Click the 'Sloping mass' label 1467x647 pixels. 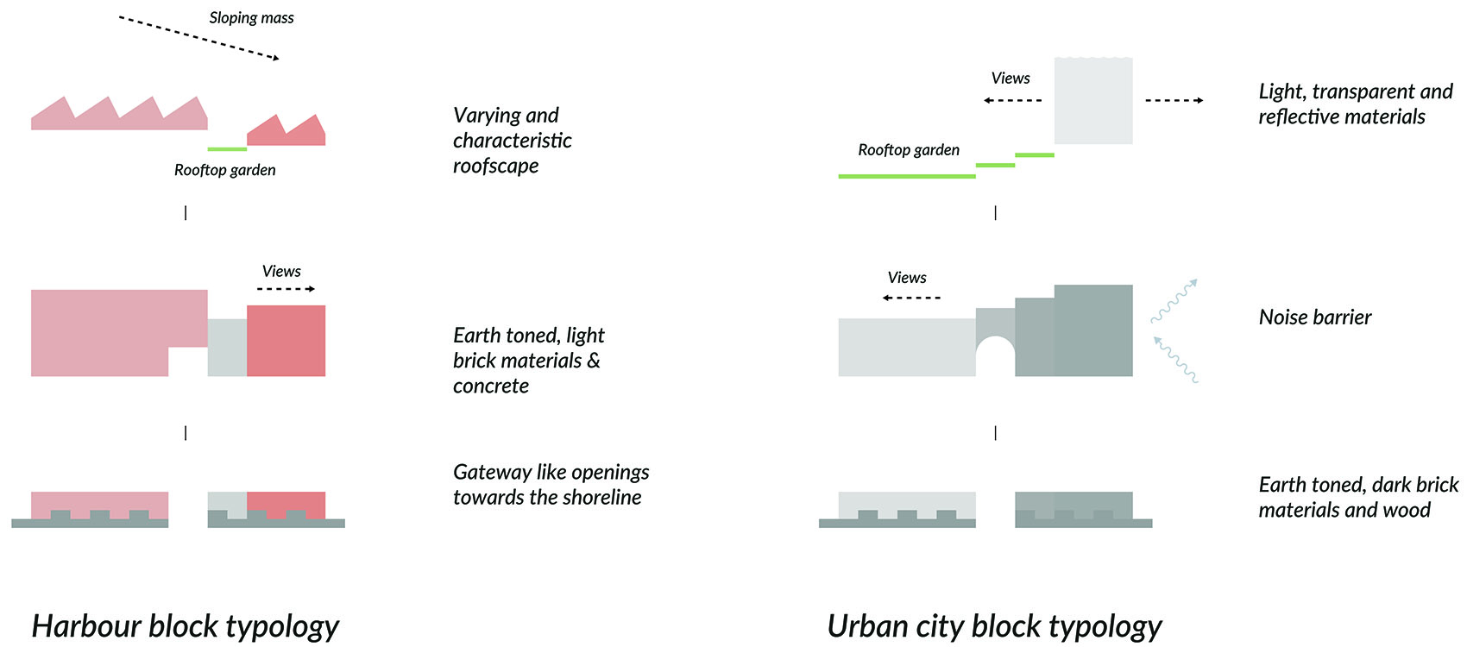[x=251, y=18]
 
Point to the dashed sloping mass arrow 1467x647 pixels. [x=199, y=38]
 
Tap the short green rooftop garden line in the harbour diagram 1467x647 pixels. [x=227, y=149]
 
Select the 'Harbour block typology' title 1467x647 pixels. [x=185, y=625]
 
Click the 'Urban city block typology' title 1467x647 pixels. [x=994, y=625]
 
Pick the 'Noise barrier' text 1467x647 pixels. [x=1314, y=317]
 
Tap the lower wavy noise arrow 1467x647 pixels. [x=1175, y=359]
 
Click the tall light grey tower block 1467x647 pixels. [x=1093, y=100]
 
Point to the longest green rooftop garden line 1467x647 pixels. [x=906, y=176]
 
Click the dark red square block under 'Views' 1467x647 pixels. [x=286, y=341]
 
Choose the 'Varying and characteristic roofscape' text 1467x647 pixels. [x=512, y=140]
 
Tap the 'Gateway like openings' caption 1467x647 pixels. [x=551, y=484]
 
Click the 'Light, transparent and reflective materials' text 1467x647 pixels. [x=1355, y=104]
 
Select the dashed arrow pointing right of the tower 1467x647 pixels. [x=1174, y=101]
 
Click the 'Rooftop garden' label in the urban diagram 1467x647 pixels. [x=908, y=150]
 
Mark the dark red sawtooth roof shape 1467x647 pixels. [x=286, y=131]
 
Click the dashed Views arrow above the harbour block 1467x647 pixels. [x=286, y=289]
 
